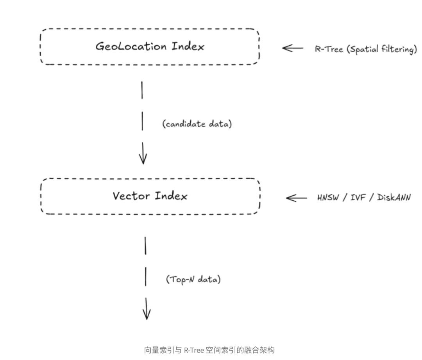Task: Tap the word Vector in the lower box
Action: tap(131, 196)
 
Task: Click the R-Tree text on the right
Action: tap(329, 50)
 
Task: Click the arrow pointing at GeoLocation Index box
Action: tap(293, 48)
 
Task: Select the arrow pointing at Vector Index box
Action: tap(296, 198)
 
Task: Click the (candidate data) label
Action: tap(197, 125)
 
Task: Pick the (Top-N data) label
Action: tap(193, 280)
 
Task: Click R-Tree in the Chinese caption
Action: tap(194, 350)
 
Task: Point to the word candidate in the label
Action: tap(186, 125)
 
